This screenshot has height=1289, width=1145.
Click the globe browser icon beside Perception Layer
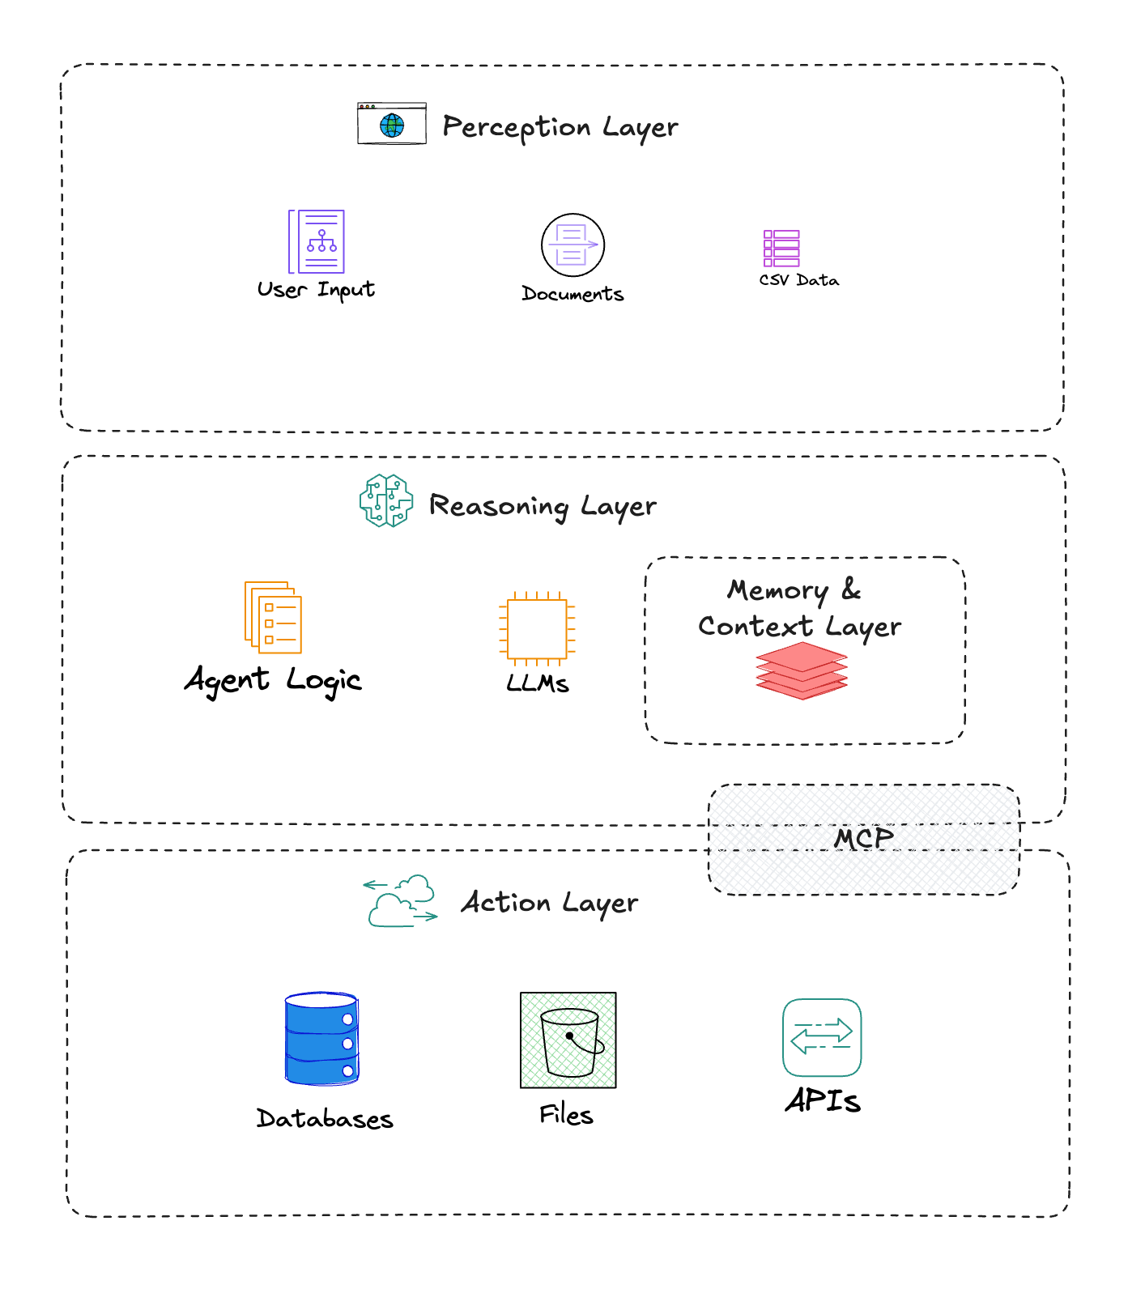[x=392, y=124]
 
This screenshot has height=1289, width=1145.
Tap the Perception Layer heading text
[x=560, y=127]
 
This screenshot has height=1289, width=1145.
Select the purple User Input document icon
[x=317, y=241]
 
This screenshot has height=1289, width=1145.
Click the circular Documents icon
[x=572, y=245]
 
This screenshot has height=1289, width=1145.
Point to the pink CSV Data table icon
[x=781, y=248]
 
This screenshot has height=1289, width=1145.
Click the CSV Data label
[x=798, y=280]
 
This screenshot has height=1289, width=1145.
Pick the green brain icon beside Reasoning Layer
[x=386, y=501]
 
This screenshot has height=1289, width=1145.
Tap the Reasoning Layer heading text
[x=542, y=506]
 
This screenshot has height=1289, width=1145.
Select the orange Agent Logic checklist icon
[x=274, y=617]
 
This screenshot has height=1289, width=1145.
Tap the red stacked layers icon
[x=802, y=670]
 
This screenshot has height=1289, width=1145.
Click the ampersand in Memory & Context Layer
[x=850, y=589]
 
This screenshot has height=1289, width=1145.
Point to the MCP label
[x=864, y=839]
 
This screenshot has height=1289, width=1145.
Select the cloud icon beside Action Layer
[x=401, y=900]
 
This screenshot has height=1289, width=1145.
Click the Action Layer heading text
[x=549, y=903]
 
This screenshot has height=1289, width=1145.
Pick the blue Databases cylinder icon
[x=321, y=1039]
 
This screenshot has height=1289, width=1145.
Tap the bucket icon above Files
[x=568, y=1040]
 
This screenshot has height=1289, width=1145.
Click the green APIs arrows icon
[x=822, y=1037]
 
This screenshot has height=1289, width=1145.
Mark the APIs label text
[x=823, y=1100]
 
